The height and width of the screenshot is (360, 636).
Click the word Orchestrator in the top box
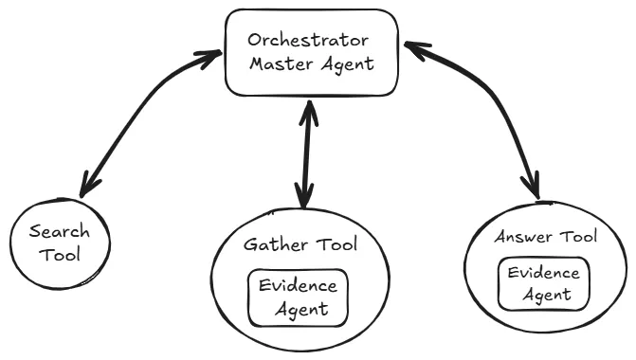pyautogui.click(x=308, y=41)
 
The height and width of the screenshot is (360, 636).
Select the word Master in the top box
pyautogui.click(x=281, y=65)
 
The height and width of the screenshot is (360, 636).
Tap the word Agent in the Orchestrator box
pyautogui.click(x=347, y=65)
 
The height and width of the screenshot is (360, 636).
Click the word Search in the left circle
pyautogui.click(x=59, y=231)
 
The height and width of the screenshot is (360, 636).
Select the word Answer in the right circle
pyautogui.click(x=522, y=237)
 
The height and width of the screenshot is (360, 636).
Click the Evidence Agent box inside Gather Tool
pyautogui.click(x=298, y=296)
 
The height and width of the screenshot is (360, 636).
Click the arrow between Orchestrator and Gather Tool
pyautogui.click(x=305, y=152)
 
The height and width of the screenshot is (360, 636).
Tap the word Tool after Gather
pyautogui.click(x=337, y=244)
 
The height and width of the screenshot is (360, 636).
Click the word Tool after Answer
pyautogui.click(x=577, y=237)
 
